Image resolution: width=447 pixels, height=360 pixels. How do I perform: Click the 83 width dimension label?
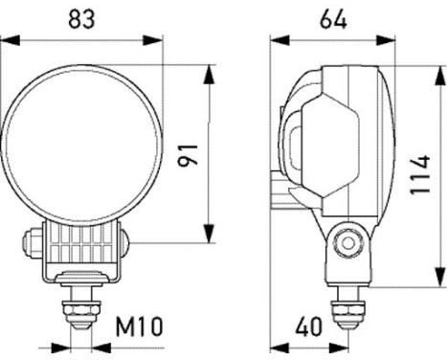pyautogui.click(x=81, y=16)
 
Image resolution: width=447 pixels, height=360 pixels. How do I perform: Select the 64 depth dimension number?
pyautogui.click(x=332, y=16)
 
